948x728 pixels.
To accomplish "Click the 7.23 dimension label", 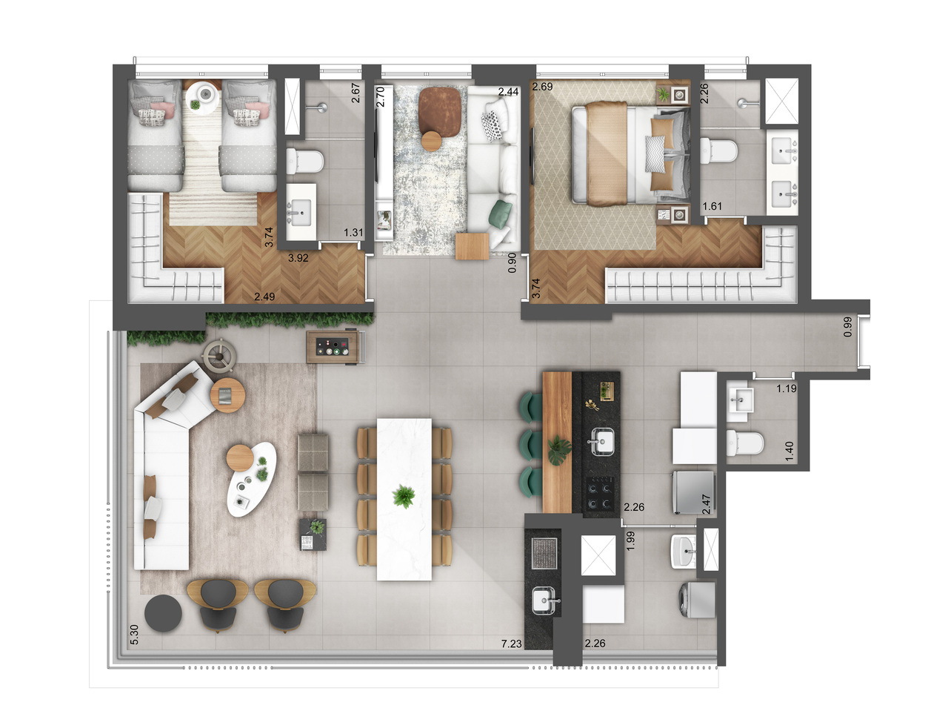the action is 511,643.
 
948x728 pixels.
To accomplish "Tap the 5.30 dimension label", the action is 134,634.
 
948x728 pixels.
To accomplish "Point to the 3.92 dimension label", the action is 298,258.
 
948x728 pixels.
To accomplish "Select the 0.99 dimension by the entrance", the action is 847,327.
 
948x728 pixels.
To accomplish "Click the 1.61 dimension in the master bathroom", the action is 712,206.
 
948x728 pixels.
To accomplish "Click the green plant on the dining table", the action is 404,497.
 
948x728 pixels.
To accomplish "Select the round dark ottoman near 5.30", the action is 163,612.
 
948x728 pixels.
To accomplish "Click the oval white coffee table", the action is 252,480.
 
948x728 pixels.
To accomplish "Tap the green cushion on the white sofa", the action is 500,214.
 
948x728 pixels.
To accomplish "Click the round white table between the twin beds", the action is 202,99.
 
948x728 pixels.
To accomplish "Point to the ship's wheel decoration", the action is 219,355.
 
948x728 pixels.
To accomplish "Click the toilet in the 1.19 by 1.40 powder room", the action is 745,442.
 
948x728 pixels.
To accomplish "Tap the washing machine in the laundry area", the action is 697,599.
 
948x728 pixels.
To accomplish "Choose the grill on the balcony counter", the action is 544,553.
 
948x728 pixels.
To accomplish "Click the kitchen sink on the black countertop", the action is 602,442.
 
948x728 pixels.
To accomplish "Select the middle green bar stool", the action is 530,445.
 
